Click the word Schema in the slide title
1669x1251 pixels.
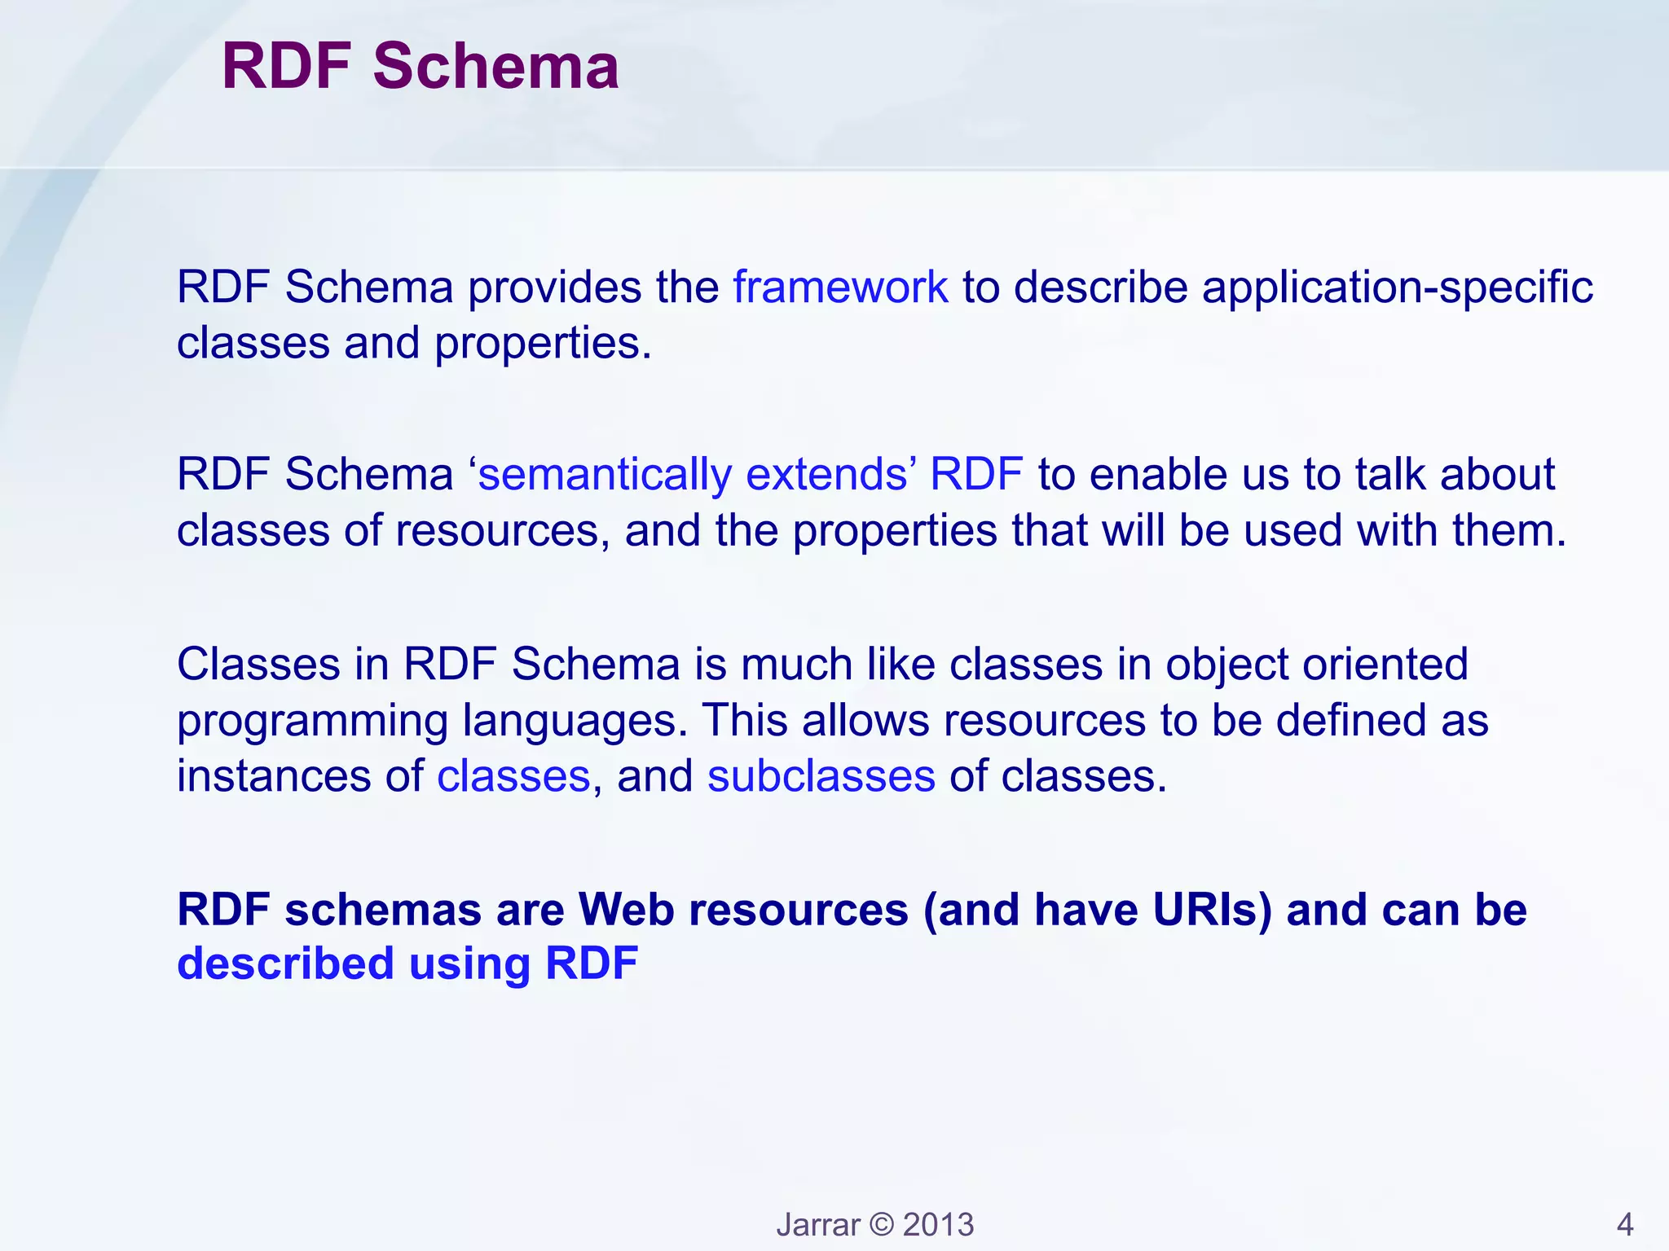coord(495,67)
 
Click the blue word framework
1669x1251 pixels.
coord(840,288)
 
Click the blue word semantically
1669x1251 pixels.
coord(605,475)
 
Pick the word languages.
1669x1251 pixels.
coord(575,722)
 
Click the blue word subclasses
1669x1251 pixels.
coord(821,776)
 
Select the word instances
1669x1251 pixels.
coord(274,776)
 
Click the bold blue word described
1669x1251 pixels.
coord(286,964)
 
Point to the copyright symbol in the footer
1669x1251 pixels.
coord(882,1225)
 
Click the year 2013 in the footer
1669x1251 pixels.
coord(938,1225)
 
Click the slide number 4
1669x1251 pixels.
coord(1624,1225)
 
